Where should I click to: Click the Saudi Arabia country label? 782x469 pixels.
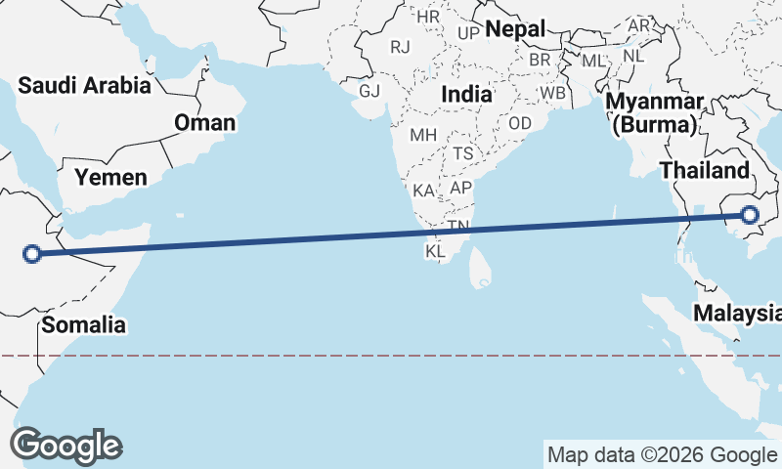point(85,86)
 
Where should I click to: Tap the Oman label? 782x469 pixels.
point(205,122)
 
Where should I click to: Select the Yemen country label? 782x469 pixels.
point(111,177)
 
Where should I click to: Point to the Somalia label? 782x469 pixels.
point(83,324)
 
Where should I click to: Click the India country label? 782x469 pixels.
point(466,94)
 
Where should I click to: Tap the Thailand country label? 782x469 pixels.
point(704,170)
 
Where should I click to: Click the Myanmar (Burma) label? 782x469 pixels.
point(653,113)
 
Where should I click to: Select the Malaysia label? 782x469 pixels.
point(738,313)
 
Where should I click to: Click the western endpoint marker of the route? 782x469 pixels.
point(32,254)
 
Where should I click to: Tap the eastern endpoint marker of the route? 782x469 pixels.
point(751,215)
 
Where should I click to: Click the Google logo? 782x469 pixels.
point(65,445)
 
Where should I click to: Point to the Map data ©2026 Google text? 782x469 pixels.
point(661,454)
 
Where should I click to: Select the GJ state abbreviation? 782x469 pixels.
point(369,91)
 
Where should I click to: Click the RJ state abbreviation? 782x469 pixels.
point(400,46)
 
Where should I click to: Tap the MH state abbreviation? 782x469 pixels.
point(423,134)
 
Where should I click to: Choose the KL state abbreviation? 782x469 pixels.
point(435,252)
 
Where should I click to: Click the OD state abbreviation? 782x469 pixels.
point(520,123)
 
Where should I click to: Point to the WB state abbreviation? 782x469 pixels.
point(553,93)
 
